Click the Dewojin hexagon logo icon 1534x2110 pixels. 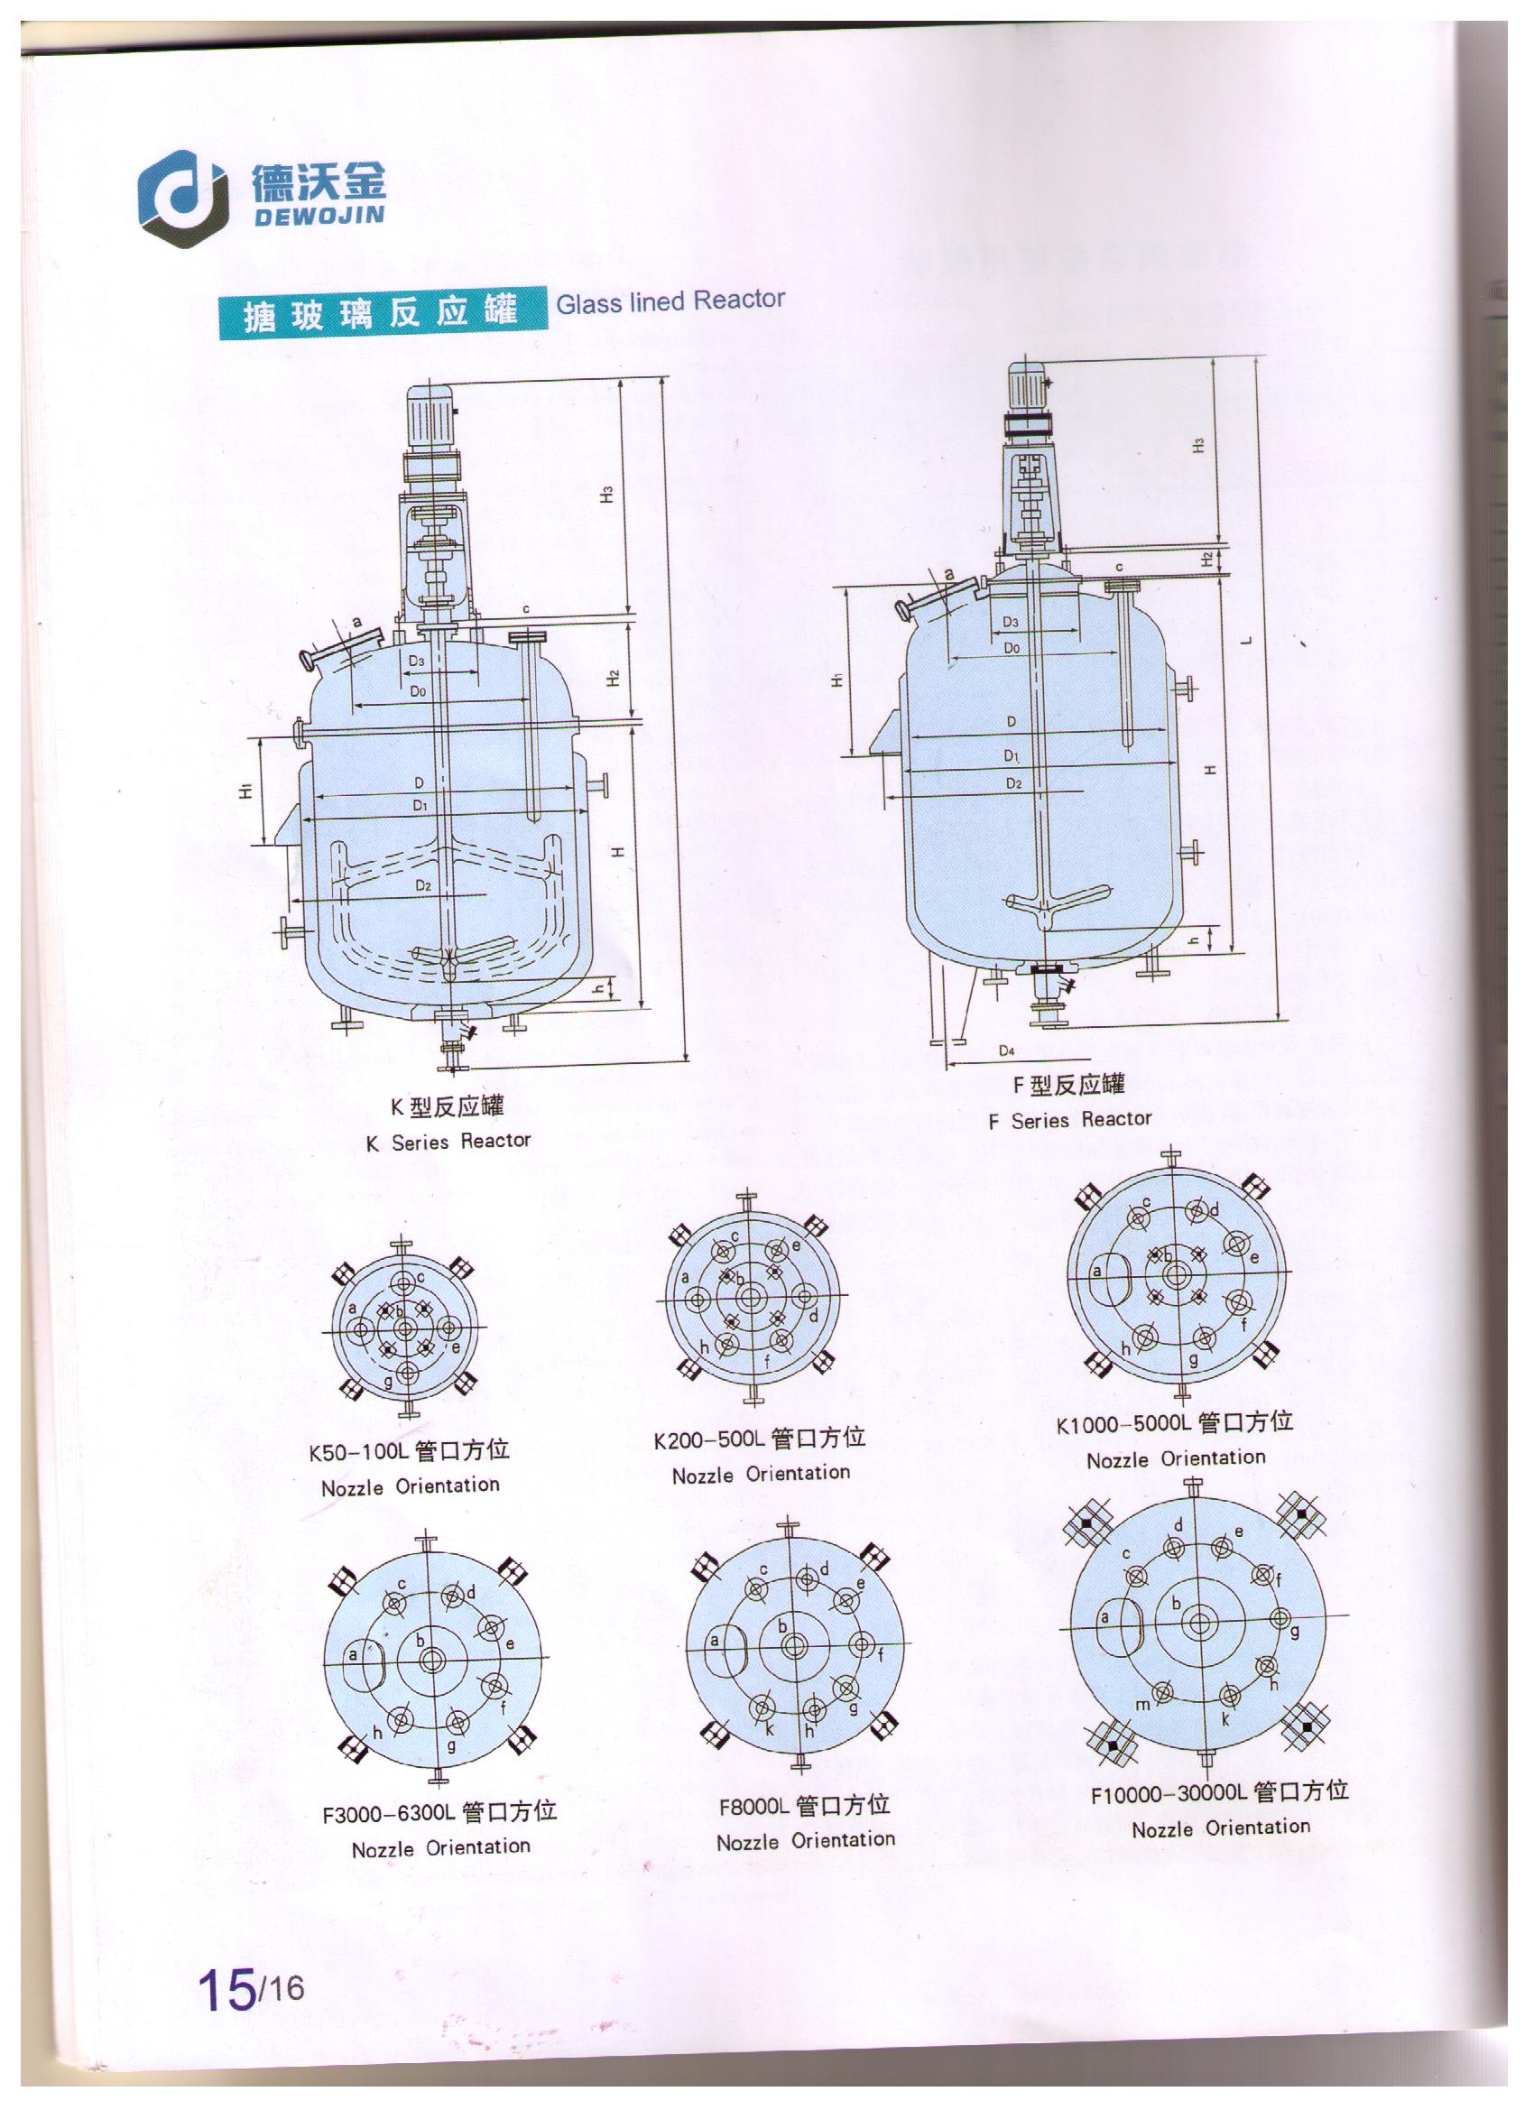pos(181,200)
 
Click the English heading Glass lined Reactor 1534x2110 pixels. pos(670,301)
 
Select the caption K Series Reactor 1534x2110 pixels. pos(448,1142)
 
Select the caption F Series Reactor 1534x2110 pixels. pos(1070,1119)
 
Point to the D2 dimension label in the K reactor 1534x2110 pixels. pos(423,885)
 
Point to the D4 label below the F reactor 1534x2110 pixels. pos(1006,1050)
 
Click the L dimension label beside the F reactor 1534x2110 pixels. pos(1249,639)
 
